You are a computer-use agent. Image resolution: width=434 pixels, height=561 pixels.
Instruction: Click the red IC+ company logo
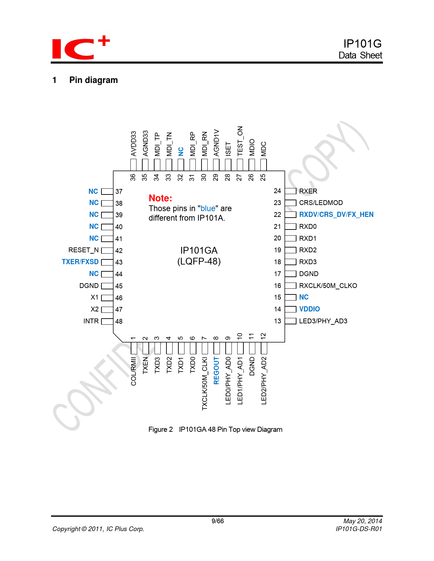pos(80,48)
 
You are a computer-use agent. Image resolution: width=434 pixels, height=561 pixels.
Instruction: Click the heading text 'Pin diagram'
pos(93,80)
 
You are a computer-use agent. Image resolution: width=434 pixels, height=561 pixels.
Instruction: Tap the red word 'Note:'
pos(160,198)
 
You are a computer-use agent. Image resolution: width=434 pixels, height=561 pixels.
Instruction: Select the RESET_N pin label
pos(83,250)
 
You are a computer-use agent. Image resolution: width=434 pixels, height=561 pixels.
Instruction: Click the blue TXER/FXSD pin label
pos(80,262)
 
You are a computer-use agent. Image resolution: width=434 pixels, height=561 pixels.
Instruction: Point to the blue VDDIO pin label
pos(309,309)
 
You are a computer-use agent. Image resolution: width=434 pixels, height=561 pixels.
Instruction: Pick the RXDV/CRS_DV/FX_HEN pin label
pos(336,215)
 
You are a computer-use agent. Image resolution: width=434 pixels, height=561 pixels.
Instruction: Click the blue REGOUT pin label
pos(216,371)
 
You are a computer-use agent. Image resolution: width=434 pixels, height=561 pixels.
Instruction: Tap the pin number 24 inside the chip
pos(277,191)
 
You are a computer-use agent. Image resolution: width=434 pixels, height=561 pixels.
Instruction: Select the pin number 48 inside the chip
pos(119,321)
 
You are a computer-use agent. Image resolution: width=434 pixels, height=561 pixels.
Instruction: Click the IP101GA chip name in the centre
pos(199,251)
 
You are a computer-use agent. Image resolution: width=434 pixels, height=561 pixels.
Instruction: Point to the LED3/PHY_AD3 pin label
pos(323,321)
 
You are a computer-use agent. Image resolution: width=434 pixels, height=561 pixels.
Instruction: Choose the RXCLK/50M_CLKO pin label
pos(328,286)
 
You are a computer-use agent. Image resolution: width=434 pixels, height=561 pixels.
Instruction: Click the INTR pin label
pos(91,321)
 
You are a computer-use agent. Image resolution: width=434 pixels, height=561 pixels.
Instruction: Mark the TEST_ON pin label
pos(240,141)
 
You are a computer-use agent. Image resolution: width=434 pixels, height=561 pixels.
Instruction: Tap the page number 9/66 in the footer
pos(218,521)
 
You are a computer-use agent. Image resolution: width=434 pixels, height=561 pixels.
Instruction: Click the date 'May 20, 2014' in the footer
pos(363,521)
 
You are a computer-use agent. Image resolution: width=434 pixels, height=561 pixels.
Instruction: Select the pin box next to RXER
pos(290,191)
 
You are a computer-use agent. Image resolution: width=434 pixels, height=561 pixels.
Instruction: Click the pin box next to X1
pos(107,298)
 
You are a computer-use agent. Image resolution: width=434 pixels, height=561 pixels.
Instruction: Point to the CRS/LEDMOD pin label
pos(321,203)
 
